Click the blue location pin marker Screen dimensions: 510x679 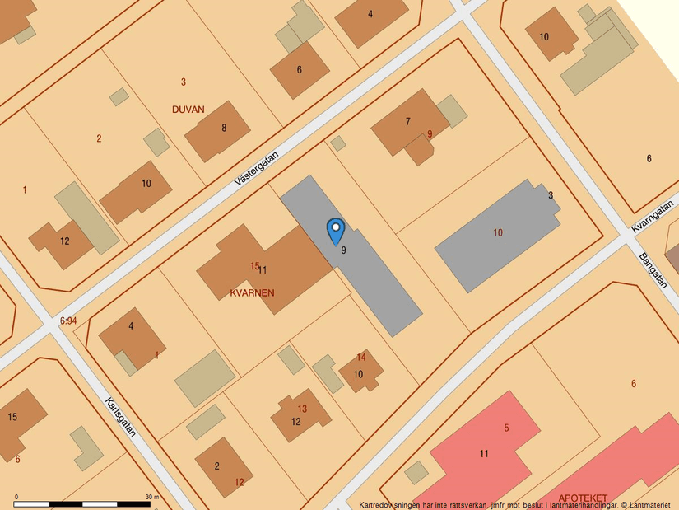coord(335,230)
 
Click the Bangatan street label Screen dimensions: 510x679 coord(652,269)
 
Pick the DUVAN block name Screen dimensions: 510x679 coord(188,109)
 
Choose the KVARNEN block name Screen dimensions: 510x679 coord(253,292)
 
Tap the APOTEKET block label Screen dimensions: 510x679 coord(583,498)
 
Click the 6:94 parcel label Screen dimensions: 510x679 coord(68,321)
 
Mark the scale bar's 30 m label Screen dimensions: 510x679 coord(152,497)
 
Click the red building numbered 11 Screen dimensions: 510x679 coord(484,453)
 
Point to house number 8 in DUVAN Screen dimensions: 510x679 coord(223,129)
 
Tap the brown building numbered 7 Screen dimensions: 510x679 coord(407,122)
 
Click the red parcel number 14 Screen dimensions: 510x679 coord(361,357)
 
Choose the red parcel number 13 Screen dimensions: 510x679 coord(302,409)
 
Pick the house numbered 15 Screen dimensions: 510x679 coord(12,417)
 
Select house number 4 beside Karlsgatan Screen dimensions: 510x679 coord(131,326)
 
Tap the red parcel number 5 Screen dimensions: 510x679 coord(507,428)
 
